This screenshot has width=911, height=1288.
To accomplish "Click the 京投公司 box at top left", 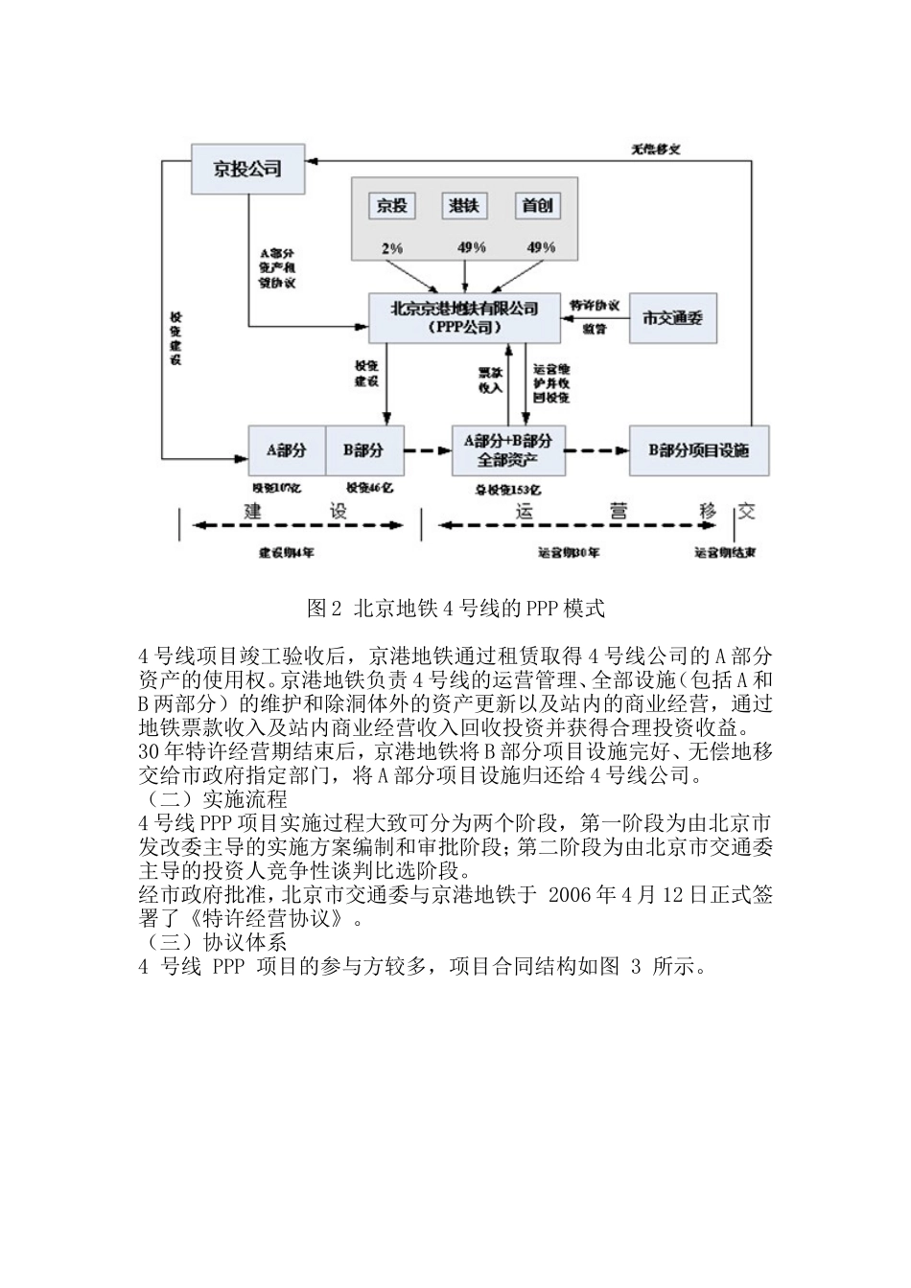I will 247,169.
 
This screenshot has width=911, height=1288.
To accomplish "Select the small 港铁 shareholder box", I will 465,205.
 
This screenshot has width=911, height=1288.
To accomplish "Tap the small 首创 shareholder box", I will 537,205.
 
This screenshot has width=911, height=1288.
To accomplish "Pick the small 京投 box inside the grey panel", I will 391,205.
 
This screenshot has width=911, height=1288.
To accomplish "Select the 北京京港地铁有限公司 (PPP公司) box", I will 464,316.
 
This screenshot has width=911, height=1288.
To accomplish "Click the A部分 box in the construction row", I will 286,449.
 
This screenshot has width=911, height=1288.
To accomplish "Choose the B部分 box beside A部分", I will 363,449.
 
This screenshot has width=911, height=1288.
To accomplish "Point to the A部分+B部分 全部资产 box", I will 507,450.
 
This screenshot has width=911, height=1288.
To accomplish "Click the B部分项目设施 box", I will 698,450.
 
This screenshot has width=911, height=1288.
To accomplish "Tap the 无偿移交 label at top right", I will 656,149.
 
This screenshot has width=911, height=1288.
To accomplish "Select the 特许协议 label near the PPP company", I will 595,306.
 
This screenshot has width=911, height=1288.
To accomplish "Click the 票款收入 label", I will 490,379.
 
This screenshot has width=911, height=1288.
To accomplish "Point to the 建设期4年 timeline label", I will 287,553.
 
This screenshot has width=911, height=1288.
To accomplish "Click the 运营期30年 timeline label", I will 569,553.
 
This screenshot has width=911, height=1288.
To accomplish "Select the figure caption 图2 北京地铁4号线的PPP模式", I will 455,608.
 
